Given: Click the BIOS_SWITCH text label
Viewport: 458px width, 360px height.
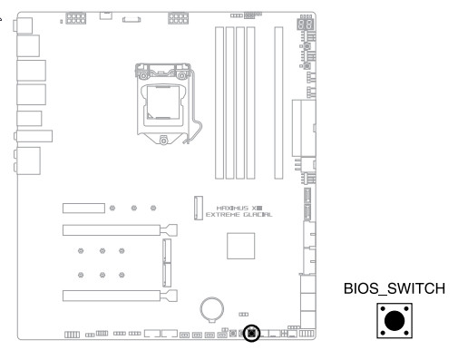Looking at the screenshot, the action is click(395, 288).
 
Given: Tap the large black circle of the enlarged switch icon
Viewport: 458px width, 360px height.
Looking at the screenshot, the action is click(395, 321).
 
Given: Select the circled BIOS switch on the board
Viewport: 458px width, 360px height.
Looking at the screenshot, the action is click(251, 334).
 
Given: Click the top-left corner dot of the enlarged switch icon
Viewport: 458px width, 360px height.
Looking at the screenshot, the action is click(383, 309).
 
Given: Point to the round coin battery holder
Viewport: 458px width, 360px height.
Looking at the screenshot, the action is click(212, 309).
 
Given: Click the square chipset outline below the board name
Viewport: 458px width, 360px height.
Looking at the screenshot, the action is click(240, 246).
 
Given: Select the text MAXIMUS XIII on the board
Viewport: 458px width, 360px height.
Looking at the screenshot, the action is click(239, 208).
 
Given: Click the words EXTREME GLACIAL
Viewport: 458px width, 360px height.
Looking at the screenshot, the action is click(239, 215).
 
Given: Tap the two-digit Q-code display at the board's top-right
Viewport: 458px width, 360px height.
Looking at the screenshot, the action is click(306, 24).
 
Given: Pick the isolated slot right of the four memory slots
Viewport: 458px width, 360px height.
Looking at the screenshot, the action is click(278, 102).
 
